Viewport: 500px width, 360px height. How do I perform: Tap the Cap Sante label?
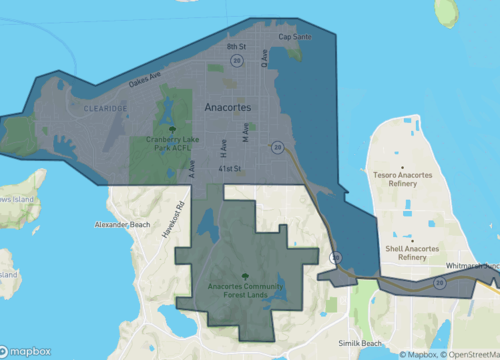[295, 37]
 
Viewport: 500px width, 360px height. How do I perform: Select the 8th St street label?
[236, 46]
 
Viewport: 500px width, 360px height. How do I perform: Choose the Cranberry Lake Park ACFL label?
[174, 143]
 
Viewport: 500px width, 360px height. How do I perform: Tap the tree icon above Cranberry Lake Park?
[174, 129]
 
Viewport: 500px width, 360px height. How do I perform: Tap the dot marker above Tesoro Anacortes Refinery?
[403, 169]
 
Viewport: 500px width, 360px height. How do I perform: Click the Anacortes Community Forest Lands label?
[246, 291]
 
